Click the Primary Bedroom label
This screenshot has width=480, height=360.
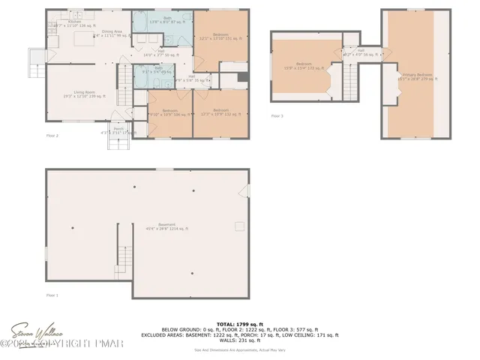(x=417, y=76)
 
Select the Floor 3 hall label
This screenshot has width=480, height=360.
(x=360, y=52)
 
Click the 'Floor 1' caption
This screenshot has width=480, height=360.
(x=52, y=295)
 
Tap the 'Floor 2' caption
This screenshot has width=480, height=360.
(x=52, y=136)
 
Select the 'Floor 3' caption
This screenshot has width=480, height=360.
(x=277, y=116)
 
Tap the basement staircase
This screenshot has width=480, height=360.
(x=124, y=251)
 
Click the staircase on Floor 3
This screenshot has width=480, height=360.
(x=348, y=80)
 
